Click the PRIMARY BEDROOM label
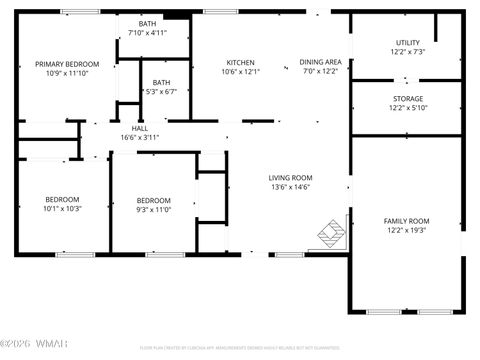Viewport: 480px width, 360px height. point(67,63)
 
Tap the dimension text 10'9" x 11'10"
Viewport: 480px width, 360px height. point(67,73)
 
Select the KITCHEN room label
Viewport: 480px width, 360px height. point(240,62)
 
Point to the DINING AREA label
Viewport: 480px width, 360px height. point(320,62)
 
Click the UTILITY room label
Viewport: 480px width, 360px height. point(407,42)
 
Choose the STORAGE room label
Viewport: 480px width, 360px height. point(407,98)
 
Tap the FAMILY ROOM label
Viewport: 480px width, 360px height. point(406,220)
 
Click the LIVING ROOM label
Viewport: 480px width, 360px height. point(291,177)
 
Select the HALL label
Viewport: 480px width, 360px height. point(140,128)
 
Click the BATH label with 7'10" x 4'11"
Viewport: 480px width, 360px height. point(147,23)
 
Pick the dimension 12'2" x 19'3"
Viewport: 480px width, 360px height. point(406,230)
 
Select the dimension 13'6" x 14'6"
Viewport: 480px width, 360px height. point(291,187)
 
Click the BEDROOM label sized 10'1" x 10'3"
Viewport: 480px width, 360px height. point(60,199)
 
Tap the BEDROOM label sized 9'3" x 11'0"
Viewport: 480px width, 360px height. point(153,199)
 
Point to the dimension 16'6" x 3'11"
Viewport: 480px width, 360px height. point(140,138)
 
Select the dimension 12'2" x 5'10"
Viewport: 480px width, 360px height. point(407,108)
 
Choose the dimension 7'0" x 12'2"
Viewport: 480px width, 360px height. point(320,72)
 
